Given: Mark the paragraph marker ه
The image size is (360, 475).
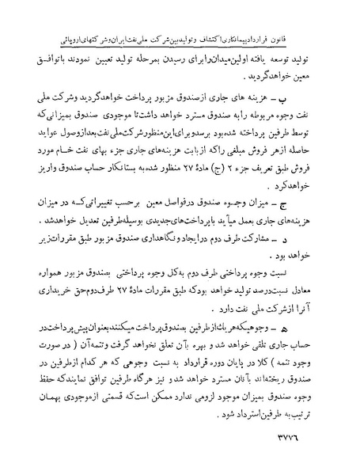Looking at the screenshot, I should pos(326,326).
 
